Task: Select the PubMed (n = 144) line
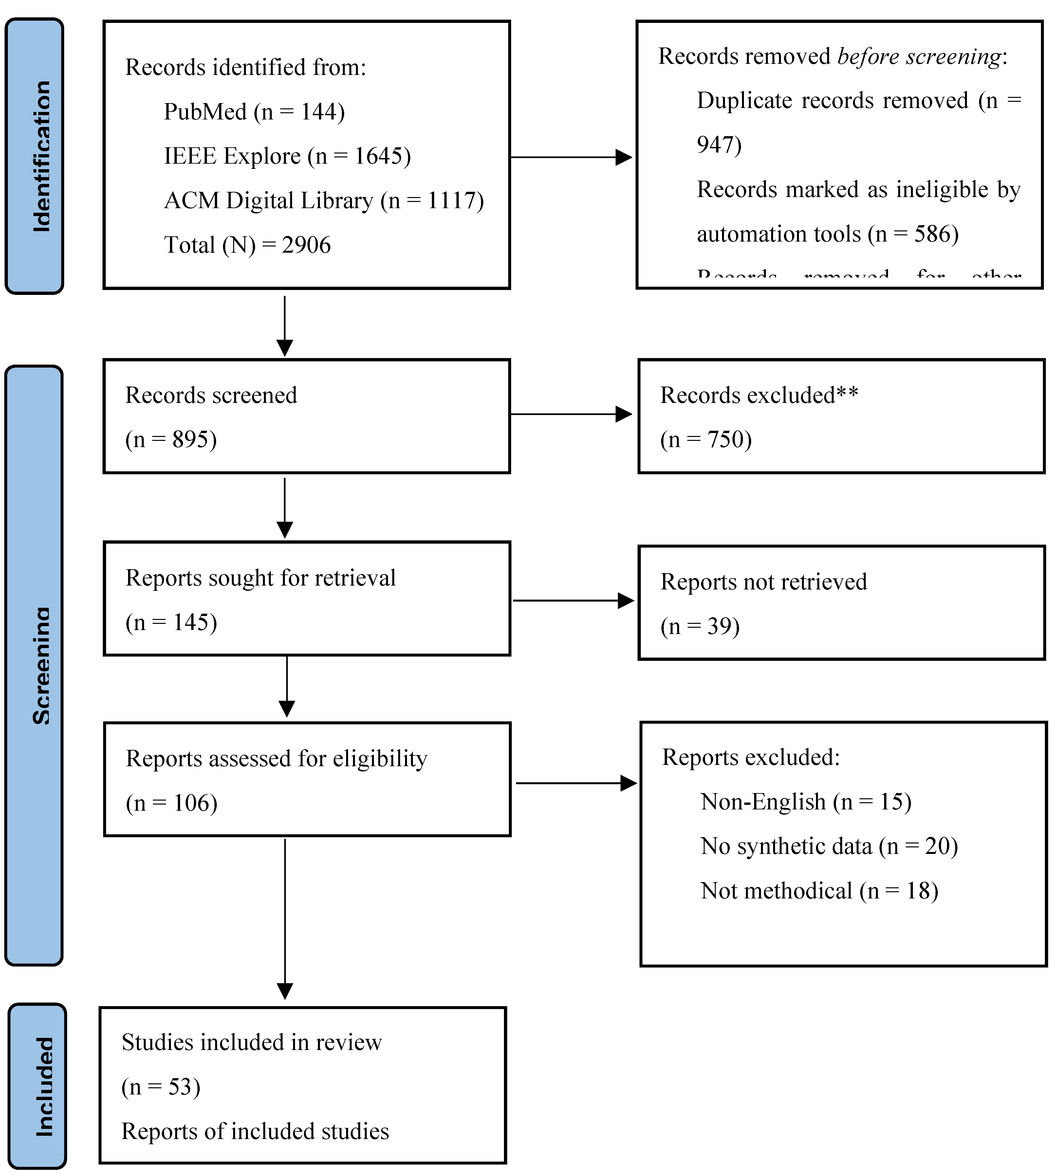coord(254,111)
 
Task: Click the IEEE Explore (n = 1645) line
coord(287,156)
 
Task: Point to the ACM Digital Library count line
coord(324,201)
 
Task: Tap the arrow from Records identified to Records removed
coord(571,157)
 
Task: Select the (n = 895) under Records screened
coord(171,440)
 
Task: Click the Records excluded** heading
coord(758,395)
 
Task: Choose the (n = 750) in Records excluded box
coord(706,440)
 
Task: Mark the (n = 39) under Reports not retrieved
coord(700,626)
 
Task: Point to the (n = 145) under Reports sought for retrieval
coord(171,622)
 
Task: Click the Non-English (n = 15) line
coord(806,802)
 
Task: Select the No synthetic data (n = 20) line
coord(828,847)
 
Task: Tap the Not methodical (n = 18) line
coord(819,891)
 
